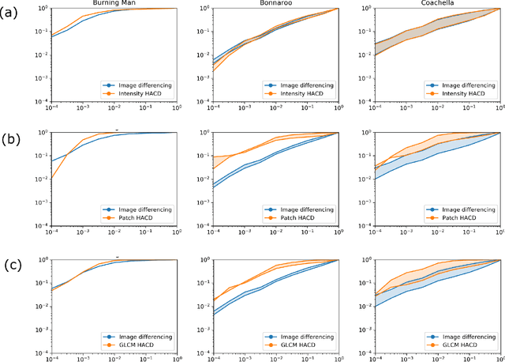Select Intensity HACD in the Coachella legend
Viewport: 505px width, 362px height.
tap(469, 93)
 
